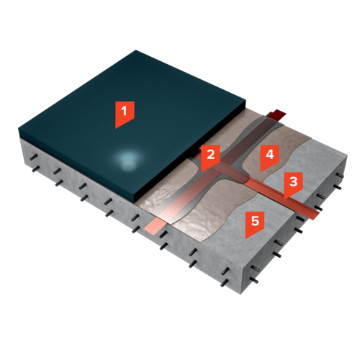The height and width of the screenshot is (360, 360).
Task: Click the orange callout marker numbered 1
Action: (x=125, y=113)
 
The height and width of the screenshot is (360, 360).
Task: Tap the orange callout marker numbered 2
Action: (x=210, y=156)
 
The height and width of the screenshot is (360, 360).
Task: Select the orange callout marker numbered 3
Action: (x=293, y=184)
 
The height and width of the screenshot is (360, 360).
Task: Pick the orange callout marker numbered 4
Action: (x=270, y=156)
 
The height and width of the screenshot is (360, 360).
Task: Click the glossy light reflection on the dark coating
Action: (x=127, y=159)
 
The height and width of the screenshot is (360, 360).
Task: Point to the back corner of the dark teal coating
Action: (x=136, y=50)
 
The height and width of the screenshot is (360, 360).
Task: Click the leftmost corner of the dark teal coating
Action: (x=19, y=130)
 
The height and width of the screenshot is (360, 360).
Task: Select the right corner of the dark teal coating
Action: (x=246, y=102)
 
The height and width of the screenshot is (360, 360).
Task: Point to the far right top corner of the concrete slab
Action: (x=347, y=156)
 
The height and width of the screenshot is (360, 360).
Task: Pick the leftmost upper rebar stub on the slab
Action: (x=34, y=157)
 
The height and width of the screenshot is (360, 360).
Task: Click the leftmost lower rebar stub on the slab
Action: (x=35, y=169)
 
